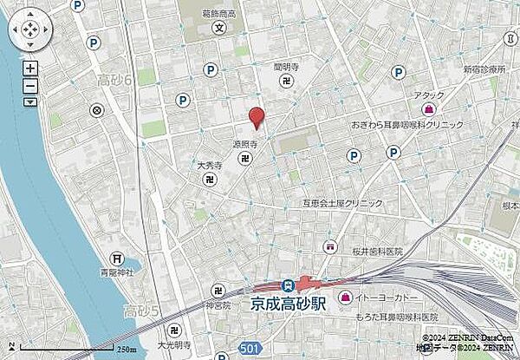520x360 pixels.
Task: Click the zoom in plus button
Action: [x=30, y=68]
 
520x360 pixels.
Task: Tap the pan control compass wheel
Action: [x=29, y=31]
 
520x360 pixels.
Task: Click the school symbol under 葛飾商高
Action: [x=219, y=26]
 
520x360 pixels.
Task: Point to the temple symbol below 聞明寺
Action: [x=288, y=81]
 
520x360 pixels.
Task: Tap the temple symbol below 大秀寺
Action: [x=211, y=180]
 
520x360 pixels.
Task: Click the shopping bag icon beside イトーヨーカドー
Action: [x=345, y=298]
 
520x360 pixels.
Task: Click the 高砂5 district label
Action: [x=140, y=311]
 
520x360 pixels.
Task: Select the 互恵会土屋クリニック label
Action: [x=341, y=203]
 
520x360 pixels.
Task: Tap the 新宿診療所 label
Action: [x=484, y=68]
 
